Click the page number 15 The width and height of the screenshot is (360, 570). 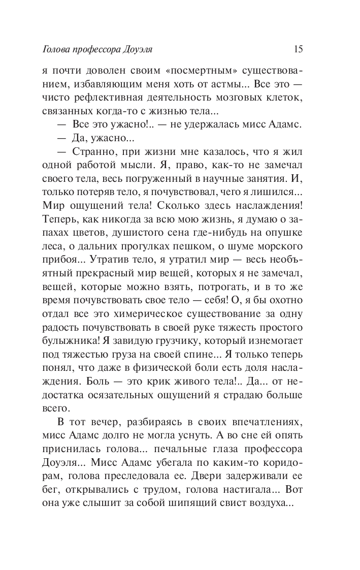tap(298, 49)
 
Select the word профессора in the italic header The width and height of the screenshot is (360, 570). tap(102, 50)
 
